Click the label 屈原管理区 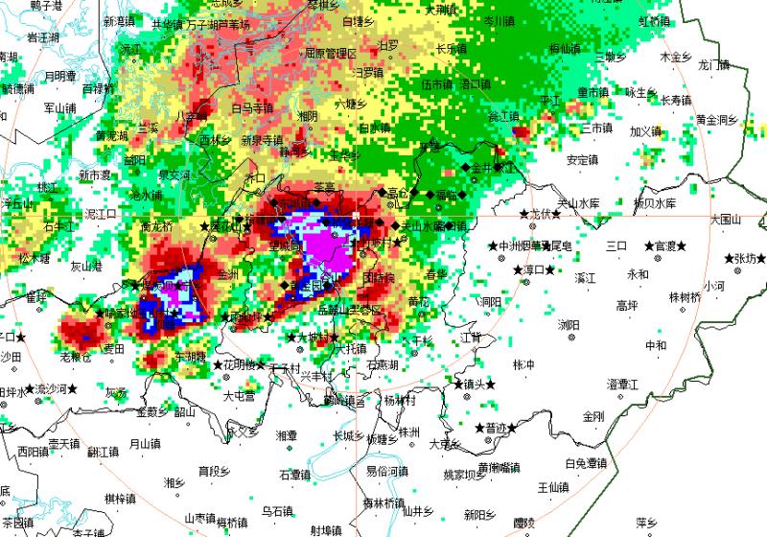(x=331, y=53)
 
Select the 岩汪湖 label (x=43, y=37)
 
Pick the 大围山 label (x=728, y=220)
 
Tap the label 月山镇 (x=146, y=444)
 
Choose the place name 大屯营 (x=240, y=395)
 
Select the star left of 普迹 (x=478, y=427)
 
